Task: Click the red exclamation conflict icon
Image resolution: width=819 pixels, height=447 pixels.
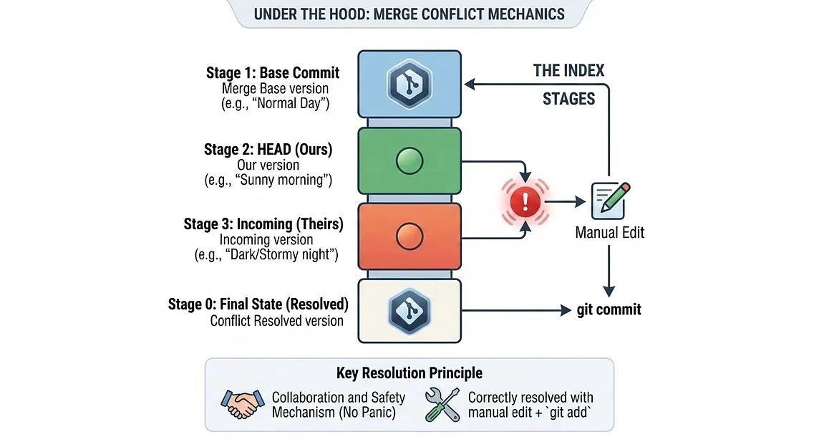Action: point(525,202)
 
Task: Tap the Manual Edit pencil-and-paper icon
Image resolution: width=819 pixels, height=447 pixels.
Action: point(610,201)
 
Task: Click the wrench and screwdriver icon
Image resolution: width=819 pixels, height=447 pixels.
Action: point(442,404)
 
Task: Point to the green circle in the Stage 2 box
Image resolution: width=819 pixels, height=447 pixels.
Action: point(409,160)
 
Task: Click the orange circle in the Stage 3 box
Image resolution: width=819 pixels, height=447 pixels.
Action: point(409,237)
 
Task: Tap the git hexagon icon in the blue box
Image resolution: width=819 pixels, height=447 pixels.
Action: point(409,84)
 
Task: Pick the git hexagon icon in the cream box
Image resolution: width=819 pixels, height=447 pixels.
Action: point(409,311)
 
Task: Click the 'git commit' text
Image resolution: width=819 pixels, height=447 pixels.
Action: point(609,309)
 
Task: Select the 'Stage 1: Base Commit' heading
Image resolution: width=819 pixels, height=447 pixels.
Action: point(273,72)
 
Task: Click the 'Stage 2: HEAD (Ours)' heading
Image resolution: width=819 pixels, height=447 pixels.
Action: point(268,150)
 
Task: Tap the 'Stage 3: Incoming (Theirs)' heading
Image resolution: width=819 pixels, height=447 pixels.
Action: point(263,224)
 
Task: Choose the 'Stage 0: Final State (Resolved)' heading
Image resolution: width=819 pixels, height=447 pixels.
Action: point(258,304)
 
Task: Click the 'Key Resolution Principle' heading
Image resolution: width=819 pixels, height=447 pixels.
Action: point(409,372)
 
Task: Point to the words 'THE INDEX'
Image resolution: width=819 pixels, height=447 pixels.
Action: point(569,71)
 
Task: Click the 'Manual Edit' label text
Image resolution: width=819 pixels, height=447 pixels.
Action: point(609,233)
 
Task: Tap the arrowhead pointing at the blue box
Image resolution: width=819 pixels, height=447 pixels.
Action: point(470,85)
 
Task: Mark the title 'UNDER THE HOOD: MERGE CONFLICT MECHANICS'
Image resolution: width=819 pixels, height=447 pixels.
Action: point(409,14)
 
